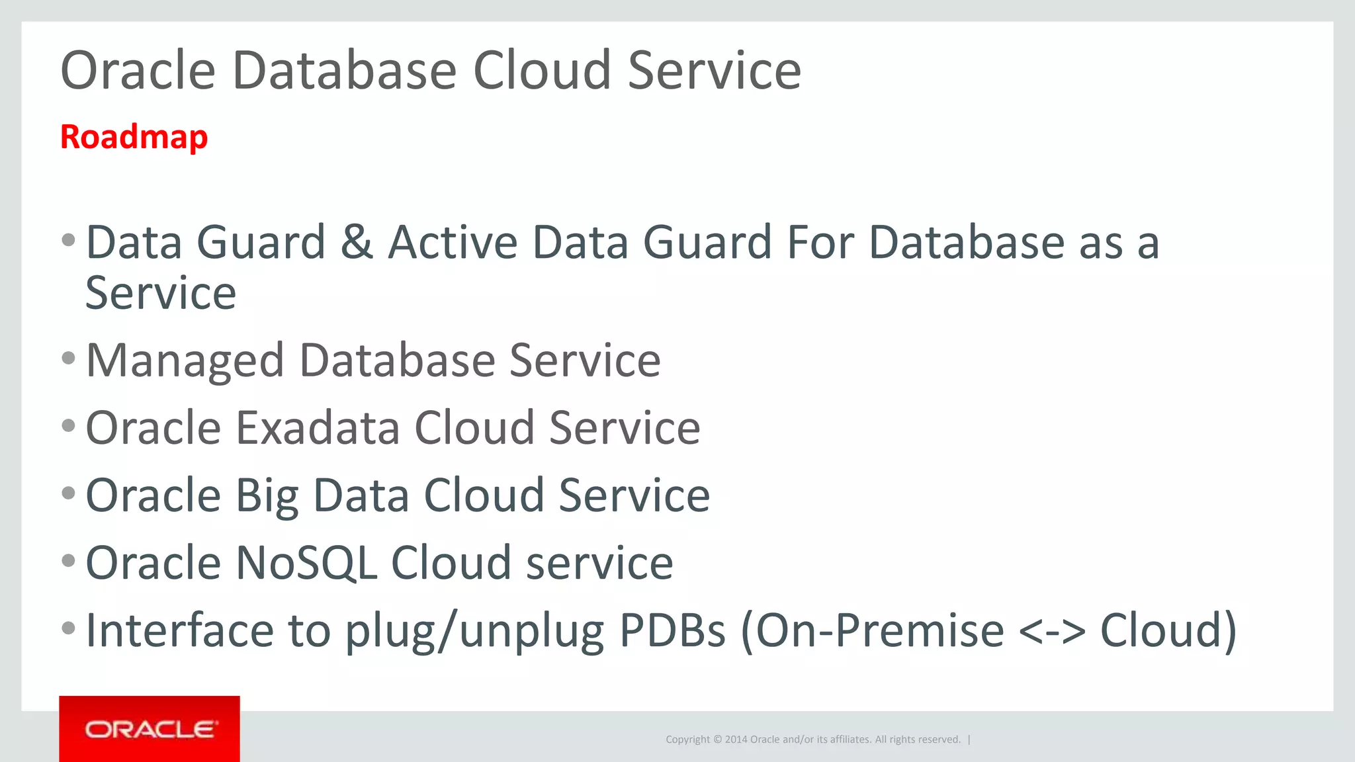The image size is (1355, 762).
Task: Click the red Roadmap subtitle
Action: coord(134,138)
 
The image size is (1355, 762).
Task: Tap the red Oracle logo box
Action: coord(150,729)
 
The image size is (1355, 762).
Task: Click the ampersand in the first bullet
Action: coord(357,242)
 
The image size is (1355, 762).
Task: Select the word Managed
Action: coord(185,361)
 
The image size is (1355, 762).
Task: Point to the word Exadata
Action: coord(318,428)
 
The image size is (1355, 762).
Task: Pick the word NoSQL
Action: coord(306,564)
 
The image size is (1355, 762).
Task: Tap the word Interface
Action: coord(179,630)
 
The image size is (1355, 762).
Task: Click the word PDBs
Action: coord(672,630)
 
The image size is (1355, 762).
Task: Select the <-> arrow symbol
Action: coord(1052,631)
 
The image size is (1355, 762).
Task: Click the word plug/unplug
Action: coord(475,631)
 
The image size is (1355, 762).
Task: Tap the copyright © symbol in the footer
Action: coord(718,740)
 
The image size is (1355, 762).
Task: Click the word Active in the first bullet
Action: coord(453,242)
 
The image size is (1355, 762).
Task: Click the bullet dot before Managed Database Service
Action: coord(68,359)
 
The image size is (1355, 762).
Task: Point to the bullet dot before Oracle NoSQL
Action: coord(68,561)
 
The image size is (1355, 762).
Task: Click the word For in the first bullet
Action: coord(820,242)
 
